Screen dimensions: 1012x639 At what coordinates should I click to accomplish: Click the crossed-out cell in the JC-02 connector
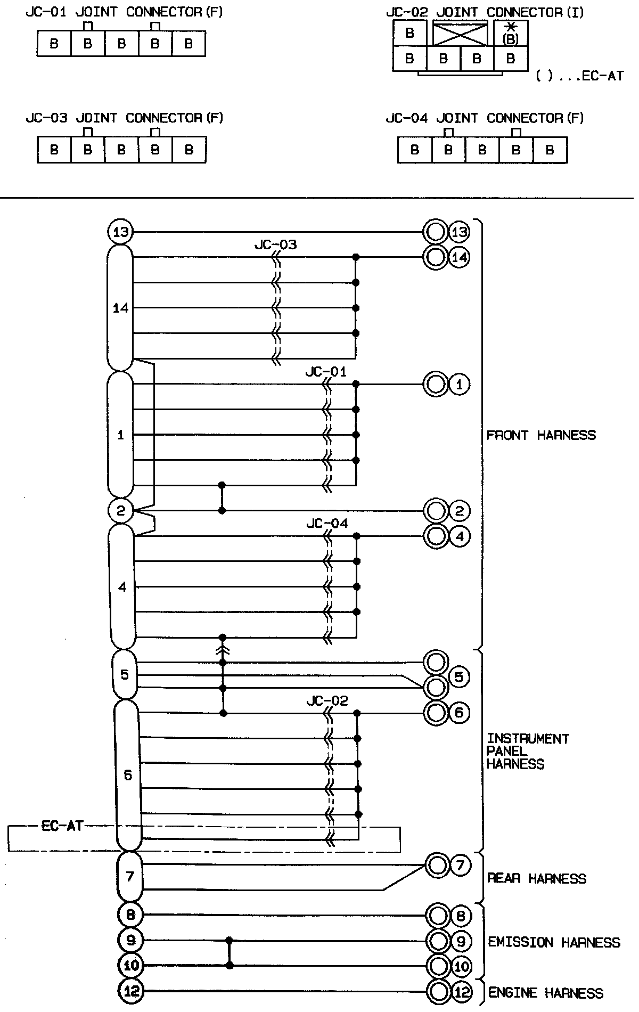[x=460, y=34]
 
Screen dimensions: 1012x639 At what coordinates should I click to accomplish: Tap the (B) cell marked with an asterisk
[x=511, y=34]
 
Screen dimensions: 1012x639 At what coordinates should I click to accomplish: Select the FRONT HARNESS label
[x=541, y=435]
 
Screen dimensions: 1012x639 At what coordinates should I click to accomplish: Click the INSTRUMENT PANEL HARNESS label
[x=528, y=751]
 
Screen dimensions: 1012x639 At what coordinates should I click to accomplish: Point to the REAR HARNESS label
[x=537, y=878]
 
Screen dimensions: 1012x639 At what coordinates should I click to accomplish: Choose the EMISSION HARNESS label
[x=554, y=942]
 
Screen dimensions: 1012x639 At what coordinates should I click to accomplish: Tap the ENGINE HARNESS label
[x=546, y=993]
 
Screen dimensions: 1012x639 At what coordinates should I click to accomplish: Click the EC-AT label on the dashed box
[x=62, y=826]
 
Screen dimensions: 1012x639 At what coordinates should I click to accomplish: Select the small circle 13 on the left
[x=120, y=232]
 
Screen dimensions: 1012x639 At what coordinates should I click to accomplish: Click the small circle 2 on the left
[x=120, y=511]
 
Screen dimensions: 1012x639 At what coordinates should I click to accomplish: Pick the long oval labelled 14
[x=120, y=308]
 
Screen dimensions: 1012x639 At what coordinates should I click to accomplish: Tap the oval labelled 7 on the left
[x=130, y=876]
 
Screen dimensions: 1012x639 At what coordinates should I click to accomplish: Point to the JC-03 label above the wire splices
[x=275, y=245]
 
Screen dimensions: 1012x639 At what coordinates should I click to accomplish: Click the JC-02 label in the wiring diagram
[x=327, y=700]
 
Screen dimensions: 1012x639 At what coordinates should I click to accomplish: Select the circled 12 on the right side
[x=461, y=992]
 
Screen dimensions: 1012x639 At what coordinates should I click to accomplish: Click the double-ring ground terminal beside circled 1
[x=436, y=384]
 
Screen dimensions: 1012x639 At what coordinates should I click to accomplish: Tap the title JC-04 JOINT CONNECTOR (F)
[x=485, y=118]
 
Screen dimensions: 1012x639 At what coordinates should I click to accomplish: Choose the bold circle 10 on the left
[x=131, y=965]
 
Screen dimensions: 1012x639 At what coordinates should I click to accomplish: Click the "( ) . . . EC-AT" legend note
[x=579, y=76]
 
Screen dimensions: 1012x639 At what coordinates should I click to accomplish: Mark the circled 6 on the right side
[x=459, y=713]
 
